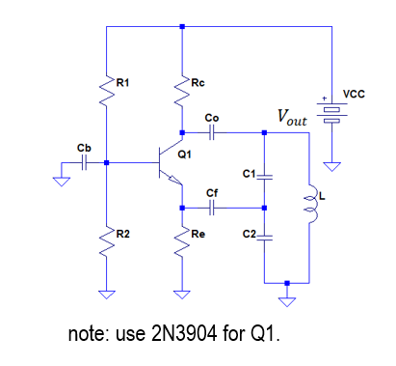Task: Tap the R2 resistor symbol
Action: [106, 235]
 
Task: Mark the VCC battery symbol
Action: [331, 113]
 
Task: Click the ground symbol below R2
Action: [106, 294]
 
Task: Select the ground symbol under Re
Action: [181, 294]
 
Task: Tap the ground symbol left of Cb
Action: [61, 181]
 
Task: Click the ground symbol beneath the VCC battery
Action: [331, 165]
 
